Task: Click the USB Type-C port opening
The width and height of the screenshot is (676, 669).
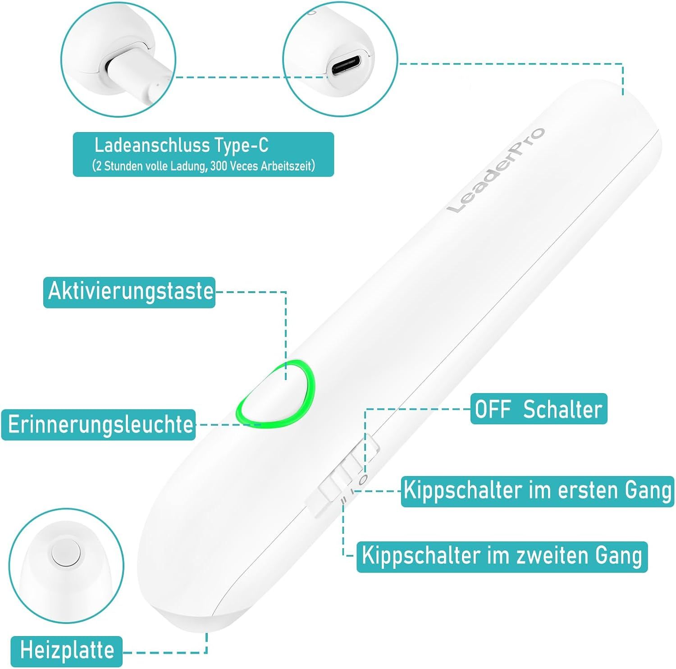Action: click(x=346, y=66)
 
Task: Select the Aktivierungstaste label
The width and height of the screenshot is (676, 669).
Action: click(x=130, y=291)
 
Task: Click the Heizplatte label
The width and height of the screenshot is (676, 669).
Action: click(x=67, y=650)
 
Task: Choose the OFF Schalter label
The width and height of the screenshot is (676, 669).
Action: click(x=539, y=409)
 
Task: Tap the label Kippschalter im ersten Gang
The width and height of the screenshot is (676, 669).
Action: click(x=538, y=490)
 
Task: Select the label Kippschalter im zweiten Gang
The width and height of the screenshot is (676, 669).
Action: click(x=502, y=556)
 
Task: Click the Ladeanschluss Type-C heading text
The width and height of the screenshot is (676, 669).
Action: click(x=181, y=145)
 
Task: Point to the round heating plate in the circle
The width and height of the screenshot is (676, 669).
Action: click(x=66, y=554)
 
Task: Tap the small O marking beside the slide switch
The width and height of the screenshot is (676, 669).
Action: click(x=364, y=478)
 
